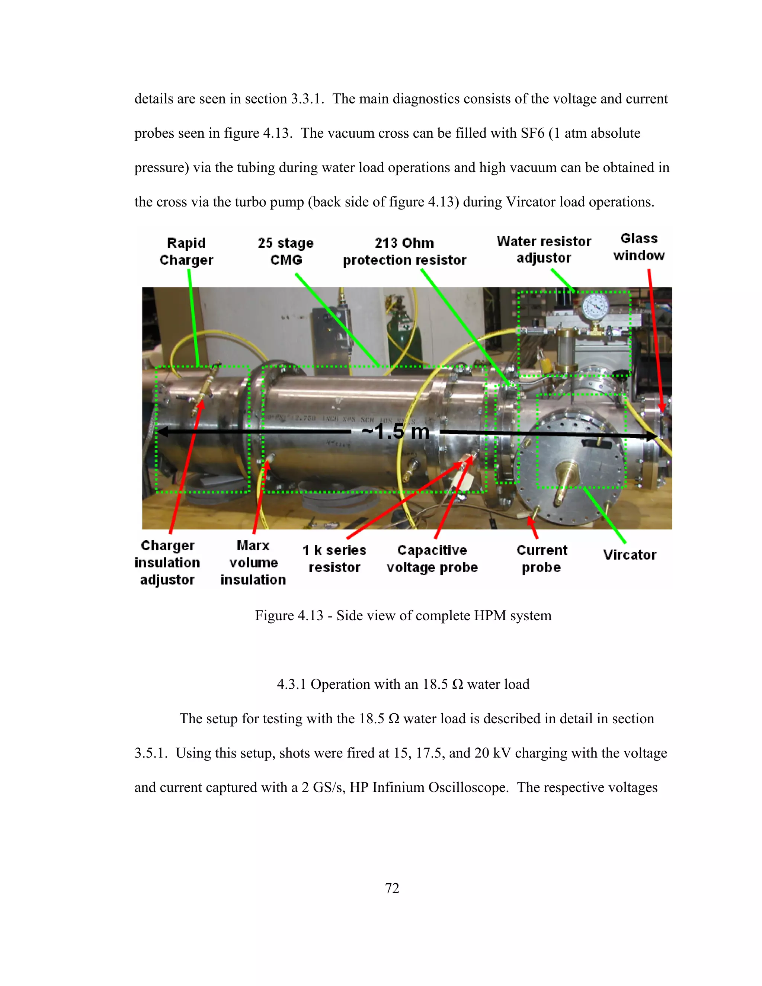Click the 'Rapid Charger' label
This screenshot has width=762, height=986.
click(186, 252)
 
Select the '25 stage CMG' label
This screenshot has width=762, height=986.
click(286, 252)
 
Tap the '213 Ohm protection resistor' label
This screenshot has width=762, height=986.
click(404, 252)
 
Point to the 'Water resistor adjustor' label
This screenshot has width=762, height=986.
click(544, 249)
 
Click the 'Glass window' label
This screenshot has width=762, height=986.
click(639, 247)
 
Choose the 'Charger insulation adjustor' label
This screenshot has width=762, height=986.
click(167, 563)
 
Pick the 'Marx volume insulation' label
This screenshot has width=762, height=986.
click(253, 563)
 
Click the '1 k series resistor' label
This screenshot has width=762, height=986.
click(334, 558)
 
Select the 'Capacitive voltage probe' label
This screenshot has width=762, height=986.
click(432, 558)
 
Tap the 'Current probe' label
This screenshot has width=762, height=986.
click(542, 558)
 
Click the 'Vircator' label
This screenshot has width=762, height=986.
click(630, 554)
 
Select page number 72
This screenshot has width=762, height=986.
click(392, 888)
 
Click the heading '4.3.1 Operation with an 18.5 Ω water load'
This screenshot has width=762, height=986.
click(403, 684)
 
